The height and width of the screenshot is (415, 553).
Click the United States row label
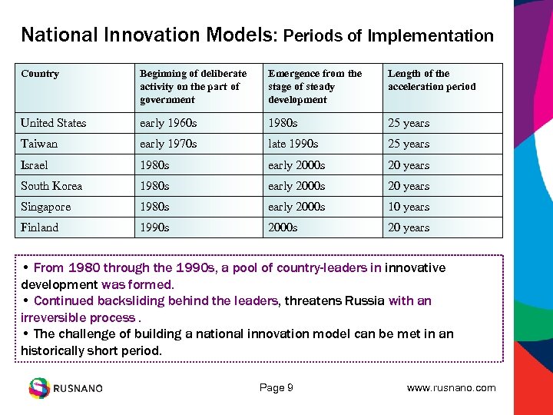pyautogui.click(x=54, y=123)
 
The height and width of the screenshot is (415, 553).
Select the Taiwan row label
pyautogui.click(x=39, y=144)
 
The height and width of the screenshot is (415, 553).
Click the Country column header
pyautogui.click(x=40, y=74)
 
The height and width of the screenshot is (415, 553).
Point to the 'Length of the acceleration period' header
pyautogui.click(x=432, y=80)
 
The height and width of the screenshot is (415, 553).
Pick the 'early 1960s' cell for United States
pyautogui.click(x=168, y=123)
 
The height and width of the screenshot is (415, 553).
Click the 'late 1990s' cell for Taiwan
pyautogui.click(x=293, y=144)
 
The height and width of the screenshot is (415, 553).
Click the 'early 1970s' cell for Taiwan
pyautogui.click(x=168, y=144)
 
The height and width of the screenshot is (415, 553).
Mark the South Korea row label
pyautogui.click(x=51, y=186)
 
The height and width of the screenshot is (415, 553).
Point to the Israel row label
pyautogui.click(x=35, y=165)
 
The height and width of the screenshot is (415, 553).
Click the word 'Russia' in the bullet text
pyautogui.click(x=363, y=301)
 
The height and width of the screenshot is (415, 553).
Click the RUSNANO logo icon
pyautogui.click(x=39, y=388)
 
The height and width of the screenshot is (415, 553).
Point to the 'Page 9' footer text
pyautogui.click(x=276, y=388)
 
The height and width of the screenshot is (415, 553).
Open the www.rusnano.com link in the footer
pyautogui.click(x=451, y=388)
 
